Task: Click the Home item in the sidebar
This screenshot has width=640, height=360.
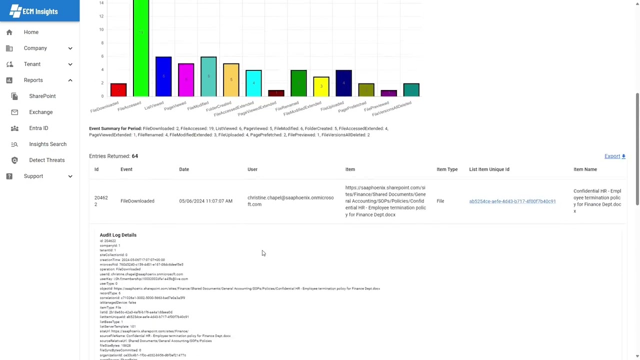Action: coord(31,32)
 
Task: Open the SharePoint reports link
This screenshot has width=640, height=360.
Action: coord(42,96)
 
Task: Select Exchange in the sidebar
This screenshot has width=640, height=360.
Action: coord(40,112)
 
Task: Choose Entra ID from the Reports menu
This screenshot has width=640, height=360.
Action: coord(38,128)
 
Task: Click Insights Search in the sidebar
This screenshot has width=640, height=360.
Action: coord(47,144)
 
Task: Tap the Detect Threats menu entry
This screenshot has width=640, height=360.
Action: coord(46,160)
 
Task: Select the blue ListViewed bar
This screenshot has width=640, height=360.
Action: coord(163,76)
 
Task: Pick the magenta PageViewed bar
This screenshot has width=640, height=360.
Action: coord(186,79)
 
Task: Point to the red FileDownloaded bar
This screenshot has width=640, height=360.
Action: coord(118,89)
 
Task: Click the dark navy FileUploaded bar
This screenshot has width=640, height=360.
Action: coord(343,83)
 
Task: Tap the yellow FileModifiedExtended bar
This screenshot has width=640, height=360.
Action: coord(321,86)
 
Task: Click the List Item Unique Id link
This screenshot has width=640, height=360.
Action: coord(512,201)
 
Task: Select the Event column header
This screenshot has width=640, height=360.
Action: coord(126,169)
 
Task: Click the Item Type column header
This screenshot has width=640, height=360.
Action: coord(446,169)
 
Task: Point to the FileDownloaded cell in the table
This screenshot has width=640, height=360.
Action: coord(137,201)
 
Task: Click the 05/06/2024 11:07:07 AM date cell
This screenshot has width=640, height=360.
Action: coord(205,201)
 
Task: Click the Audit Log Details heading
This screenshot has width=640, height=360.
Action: coord(118,235)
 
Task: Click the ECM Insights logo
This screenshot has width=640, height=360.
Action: coord(33,11)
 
